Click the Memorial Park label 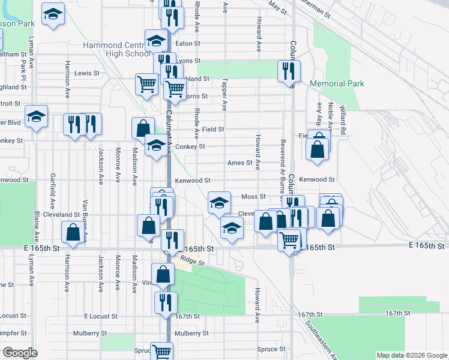[337, 84]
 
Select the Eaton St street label [187, 44]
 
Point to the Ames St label [239, 163]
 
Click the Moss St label [253, 196]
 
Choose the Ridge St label [192, 262]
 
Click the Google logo [20, 353]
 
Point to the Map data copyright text [411, 355]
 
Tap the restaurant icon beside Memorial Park [289, 71]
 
